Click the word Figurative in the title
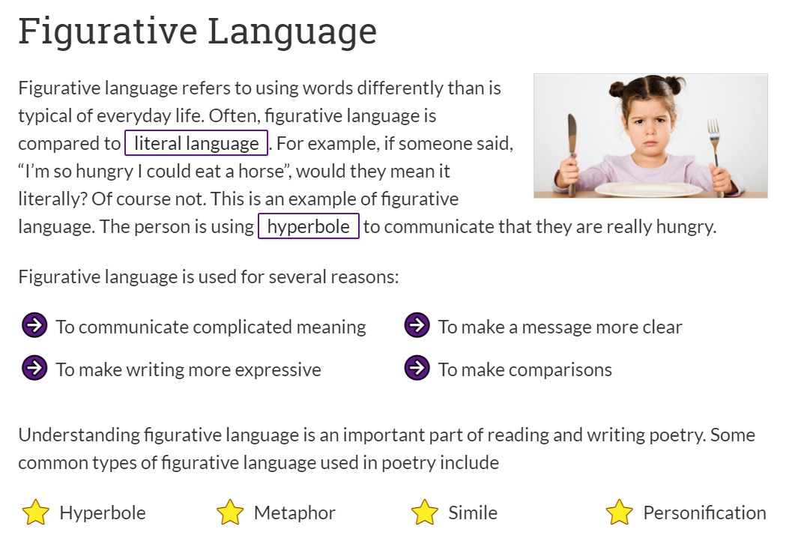pos(108,32)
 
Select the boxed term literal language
pos(196,143)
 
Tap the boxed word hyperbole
pos(309,226)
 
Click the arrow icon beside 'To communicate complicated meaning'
pos(34,325)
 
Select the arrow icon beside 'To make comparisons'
pos(417,368)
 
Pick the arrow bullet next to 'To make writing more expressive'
pos(34,368)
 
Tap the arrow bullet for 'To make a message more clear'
pos(417,325)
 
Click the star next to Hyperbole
pos(36,513)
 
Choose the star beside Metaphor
pos(230,513)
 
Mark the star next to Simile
pos(425,513)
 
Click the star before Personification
pos(620,513)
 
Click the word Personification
pos(704,513)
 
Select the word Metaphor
pos(294,513)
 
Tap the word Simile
pos(473,513)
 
